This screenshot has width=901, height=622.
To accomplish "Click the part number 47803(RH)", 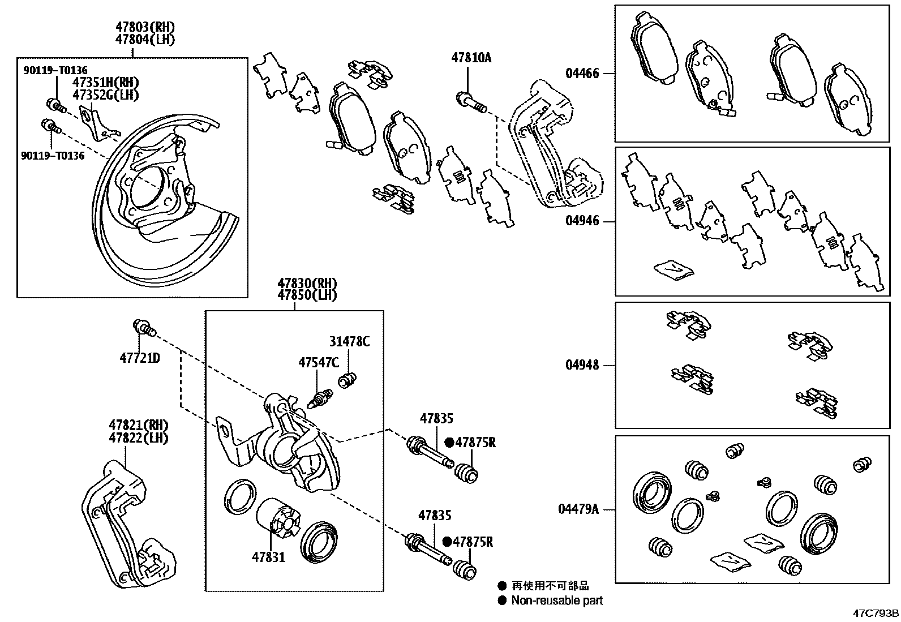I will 145,27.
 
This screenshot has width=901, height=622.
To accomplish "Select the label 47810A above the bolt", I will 471,57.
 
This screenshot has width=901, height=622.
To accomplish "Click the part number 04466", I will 582,73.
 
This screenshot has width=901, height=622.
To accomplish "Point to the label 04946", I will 582,221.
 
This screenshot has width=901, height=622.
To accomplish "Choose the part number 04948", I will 582,365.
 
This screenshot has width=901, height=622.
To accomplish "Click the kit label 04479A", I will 578,509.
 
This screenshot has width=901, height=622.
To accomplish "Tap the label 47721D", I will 140,358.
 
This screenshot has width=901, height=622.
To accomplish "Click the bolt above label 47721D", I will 143,327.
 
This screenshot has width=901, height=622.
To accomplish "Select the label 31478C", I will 349,341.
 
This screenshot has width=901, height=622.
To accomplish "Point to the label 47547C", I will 319,362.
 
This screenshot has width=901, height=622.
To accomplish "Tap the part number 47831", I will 269,557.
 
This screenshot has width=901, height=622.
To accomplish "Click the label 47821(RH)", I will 139,424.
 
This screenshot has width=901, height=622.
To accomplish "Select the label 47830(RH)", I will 307,283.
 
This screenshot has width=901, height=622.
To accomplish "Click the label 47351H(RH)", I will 105,83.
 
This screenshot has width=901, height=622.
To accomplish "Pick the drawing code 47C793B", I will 876,613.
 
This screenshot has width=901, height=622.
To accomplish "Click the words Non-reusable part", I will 557,600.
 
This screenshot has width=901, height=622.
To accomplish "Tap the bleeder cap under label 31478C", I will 348,380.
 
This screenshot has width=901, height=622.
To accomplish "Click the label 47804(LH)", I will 145,39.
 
